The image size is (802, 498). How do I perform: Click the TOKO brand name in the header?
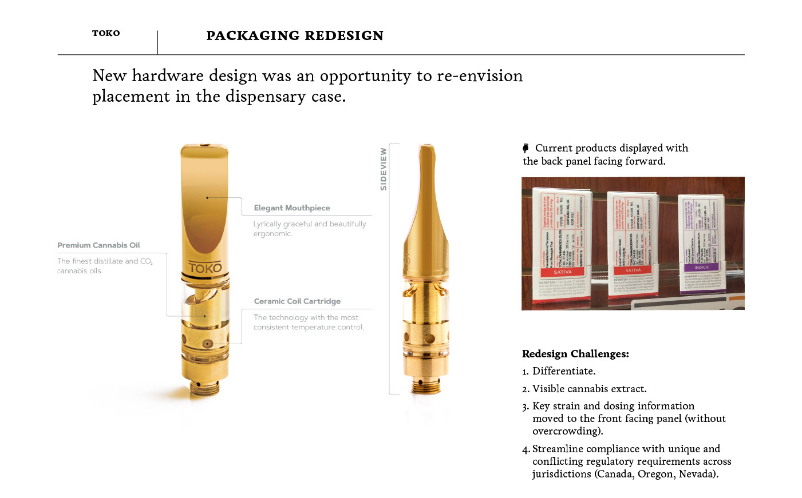coord(106,33)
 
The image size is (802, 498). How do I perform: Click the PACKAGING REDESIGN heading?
coord(294,35)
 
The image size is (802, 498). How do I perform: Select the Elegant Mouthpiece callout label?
coord(292,208)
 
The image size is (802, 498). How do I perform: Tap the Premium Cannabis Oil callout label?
coord(98,245)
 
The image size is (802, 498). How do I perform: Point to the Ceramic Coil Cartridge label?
coord(297,301)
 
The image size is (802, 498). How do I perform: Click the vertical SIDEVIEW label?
coord(384,169)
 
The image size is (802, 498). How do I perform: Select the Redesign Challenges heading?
coord(575,354)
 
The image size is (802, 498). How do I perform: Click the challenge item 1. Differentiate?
coord(559,371)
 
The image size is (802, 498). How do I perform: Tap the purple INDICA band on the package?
coord(701,267)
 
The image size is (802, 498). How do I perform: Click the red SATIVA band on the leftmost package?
coord(562,272)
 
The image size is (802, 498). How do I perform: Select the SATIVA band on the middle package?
coord(633,270)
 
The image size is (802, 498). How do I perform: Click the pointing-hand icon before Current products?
coord(526,148)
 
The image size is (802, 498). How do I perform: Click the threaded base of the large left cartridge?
coord(206,387)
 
